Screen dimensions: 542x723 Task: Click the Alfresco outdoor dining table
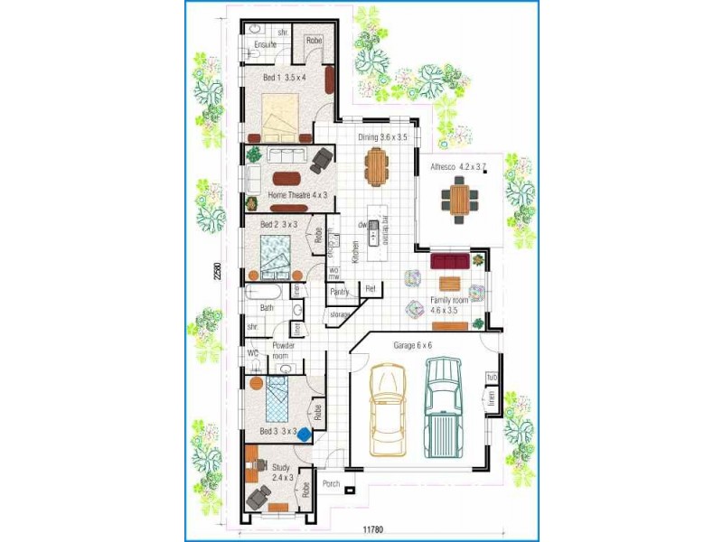(461, 199)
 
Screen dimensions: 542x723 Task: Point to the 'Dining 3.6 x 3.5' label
(381, 137)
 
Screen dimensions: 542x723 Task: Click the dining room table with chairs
(377, 164)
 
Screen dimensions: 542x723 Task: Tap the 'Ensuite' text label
(265, 44)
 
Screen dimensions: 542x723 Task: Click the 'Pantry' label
(340, 292)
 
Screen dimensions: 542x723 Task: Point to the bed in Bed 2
(275, 253)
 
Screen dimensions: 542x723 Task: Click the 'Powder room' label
(284, 350)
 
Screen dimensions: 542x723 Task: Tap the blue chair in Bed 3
(304, 435)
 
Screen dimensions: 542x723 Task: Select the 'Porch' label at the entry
(331, 484)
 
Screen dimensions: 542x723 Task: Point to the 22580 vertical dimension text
(217, 271)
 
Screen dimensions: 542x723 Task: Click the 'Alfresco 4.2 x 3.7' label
(459, 167)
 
